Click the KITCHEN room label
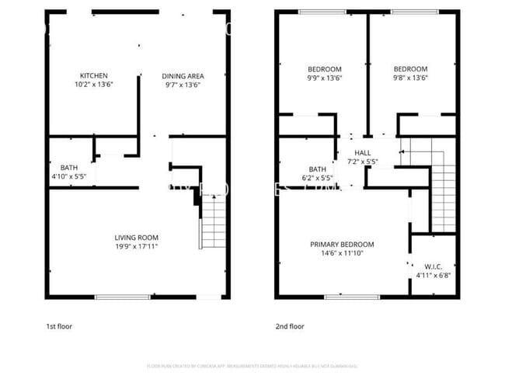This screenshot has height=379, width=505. tap(92, 75)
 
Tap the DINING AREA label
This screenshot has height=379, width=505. tap(182, 75)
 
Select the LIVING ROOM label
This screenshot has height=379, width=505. tap(137, 238)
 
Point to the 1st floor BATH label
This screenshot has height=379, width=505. tap(68, 166)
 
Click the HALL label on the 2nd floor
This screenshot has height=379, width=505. tap(362, 152)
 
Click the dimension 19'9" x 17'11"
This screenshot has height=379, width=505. tap(137, 246)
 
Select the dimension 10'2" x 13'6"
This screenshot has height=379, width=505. tap(92, 84)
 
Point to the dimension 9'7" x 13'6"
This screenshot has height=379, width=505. tap(182, 84)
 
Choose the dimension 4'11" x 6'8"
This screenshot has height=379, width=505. tap(433, 273)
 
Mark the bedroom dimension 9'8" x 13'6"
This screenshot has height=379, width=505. tap(409, 78)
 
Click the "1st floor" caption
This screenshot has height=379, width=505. tap(58, 327)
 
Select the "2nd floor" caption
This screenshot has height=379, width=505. tap(290, 327)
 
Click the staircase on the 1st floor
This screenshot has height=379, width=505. tap(212, 221)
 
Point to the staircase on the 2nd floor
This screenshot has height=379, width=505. tap(444, 190)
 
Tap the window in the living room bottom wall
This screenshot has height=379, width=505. tap(123, 296)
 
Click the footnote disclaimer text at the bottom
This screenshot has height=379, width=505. tap(252, 365)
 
